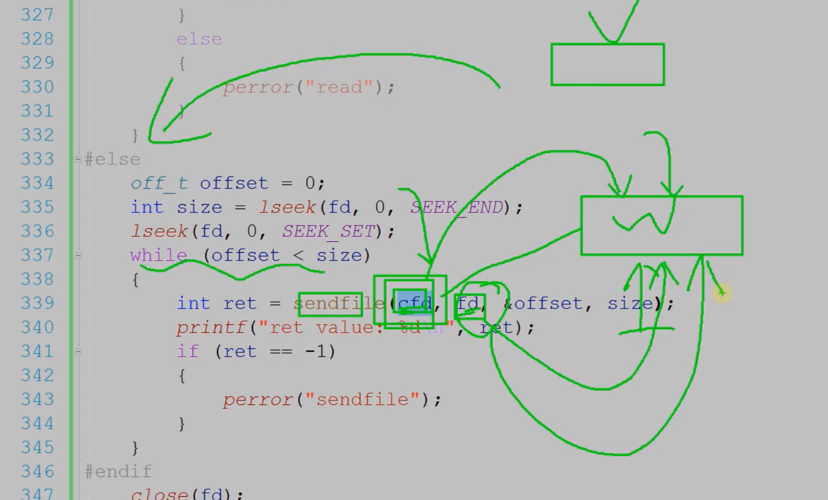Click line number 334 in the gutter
tap(37, 183)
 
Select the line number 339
tap(37, 303)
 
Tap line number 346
tap(37, 471)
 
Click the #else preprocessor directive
tap(112, 159)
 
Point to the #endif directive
tap(118, 471)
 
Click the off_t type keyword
tap(159, 183)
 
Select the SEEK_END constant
tap(457, 207)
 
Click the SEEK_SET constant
tap(328, 231)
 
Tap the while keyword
tap(158, 255)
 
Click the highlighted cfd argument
tap(414, 303)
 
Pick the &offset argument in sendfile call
tap(543, 303)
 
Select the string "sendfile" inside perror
tap(362, 400)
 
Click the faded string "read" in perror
tap(339, 87)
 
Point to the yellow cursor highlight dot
tap(722, 293)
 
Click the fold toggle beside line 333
tap(78, 159)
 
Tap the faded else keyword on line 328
tap(199, 39)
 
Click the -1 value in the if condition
tap(315, 352)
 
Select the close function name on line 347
tap(159, 494)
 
